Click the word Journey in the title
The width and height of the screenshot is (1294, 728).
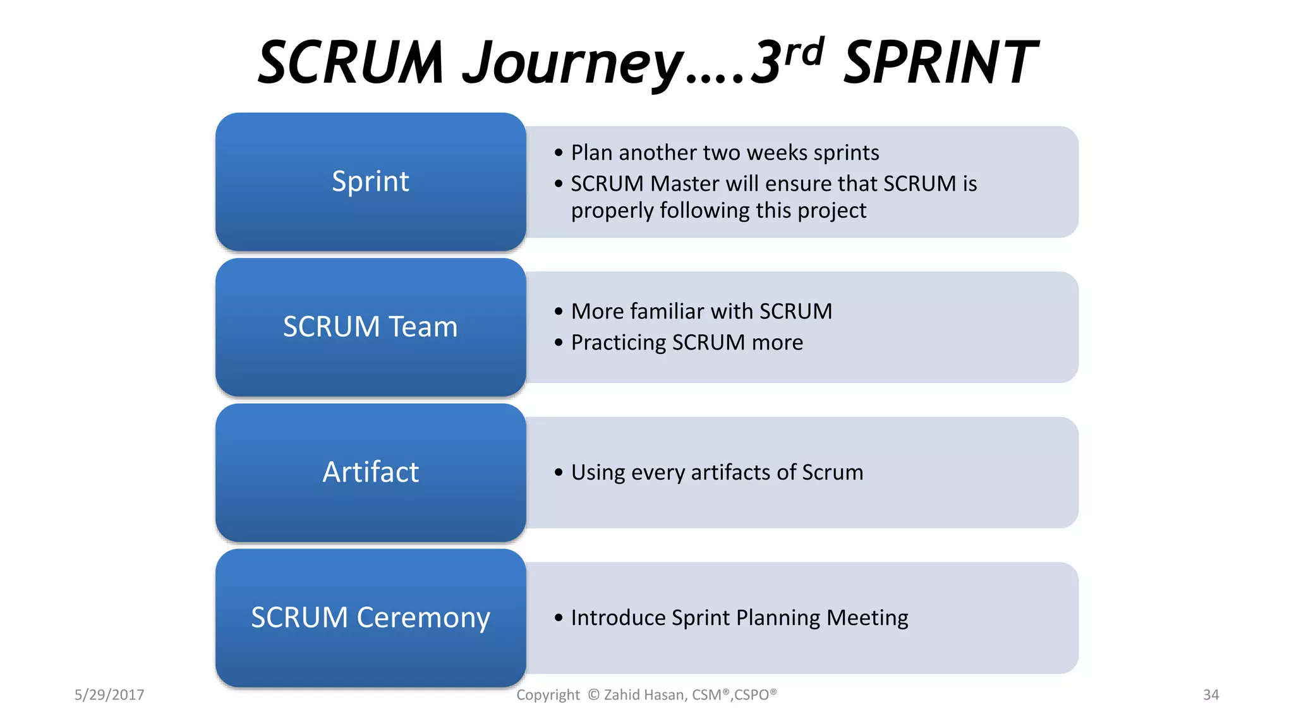[572, 63]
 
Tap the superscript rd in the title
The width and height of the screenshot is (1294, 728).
[804, 52]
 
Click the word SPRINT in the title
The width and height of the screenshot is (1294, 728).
[940, 63]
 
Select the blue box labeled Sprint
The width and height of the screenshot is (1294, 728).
[370, 182]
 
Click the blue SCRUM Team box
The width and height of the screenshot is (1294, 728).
[370, 327]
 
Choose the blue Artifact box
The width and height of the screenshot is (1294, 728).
[370, 473]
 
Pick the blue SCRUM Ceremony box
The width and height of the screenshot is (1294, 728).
[370, 618]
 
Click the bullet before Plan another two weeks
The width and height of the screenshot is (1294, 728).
[558, 153]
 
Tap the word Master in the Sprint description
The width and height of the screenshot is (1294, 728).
[685, 184]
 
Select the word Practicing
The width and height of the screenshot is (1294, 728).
[619, 343]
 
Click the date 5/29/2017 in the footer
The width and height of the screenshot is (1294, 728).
[109, 695]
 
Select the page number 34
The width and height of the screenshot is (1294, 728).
[1211, 695]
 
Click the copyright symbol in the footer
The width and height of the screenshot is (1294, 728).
[593, 695]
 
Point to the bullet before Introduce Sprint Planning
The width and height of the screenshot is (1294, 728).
[558, 618]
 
